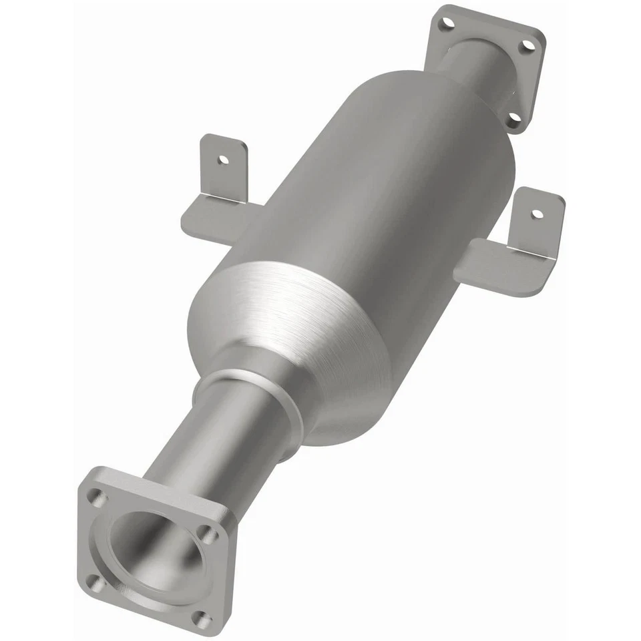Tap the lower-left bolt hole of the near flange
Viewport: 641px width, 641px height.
pyautogui.click(x=97, y=583)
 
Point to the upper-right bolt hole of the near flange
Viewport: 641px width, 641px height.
pyautogui.click(x=208, y=534)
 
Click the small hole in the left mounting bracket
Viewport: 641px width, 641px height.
pyautogui.click(x=222, y=160)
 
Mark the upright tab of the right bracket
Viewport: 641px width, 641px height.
pyautogui.click(x=538, y=220)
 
